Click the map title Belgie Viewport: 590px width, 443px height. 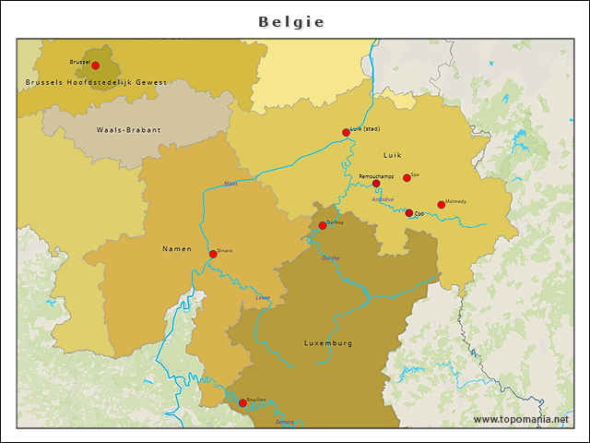[291, 22]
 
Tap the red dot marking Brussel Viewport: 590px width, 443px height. [95, 66]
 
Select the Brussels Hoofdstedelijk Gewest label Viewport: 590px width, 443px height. [97, 83]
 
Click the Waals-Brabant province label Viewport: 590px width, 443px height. [128, 130]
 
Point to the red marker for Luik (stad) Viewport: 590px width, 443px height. [346, 132]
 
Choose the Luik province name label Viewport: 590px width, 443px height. [394, 155]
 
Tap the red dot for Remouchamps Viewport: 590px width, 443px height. [376, 184]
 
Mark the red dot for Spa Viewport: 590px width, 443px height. [407, 177]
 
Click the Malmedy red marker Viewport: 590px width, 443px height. [441, 205]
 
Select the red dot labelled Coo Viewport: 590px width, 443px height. [409, 213]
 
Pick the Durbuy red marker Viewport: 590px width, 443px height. [323, 225]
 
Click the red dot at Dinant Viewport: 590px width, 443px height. [213, 254]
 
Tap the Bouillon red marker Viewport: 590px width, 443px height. [242, 402]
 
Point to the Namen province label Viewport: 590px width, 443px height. [177, 249]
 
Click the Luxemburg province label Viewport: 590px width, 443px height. [328, 343]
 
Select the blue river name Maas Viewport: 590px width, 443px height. [230, 184]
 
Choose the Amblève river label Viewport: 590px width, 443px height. [382, 198]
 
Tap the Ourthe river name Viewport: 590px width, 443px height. [330, 257]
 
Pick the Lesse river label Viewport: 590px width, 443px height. [263, 297]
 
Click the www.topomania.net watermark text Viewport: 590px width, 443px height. [521, 419]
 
